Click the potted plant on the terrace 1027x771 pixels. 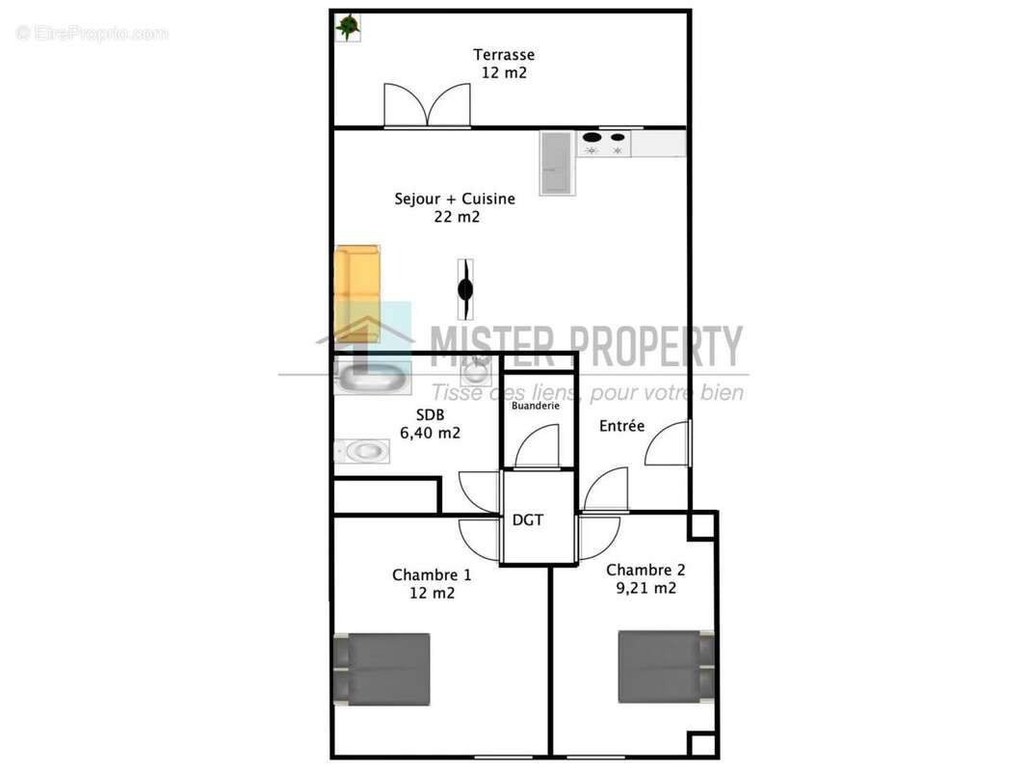pos(348,27)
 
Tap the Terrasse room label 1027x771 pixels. pos(503,55)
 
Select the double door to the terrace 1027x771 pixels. pos(427,104)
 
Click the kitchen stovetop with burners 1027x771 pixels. pos(604,143)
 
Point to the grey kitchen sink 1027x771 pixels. pos(557,163)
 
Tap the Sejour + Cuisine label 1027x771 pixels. pos(455,199)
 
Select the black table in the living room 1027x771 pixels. pos(465,288)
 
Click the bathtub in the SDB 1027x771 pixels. pos(372,376)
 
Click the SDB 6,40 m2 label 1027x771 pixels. pos(430,424)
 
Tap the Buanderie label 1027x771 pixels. pos(536,406)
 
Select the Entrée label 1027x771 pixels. pos(621,426)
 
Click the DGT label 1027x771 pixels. pos(527,520)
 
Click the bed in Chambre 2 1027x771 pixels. pos(666,666)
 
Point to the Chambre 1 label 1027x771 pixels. pos(432,575)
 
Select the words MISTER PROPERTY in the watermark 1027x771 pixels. pos(586,346)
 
